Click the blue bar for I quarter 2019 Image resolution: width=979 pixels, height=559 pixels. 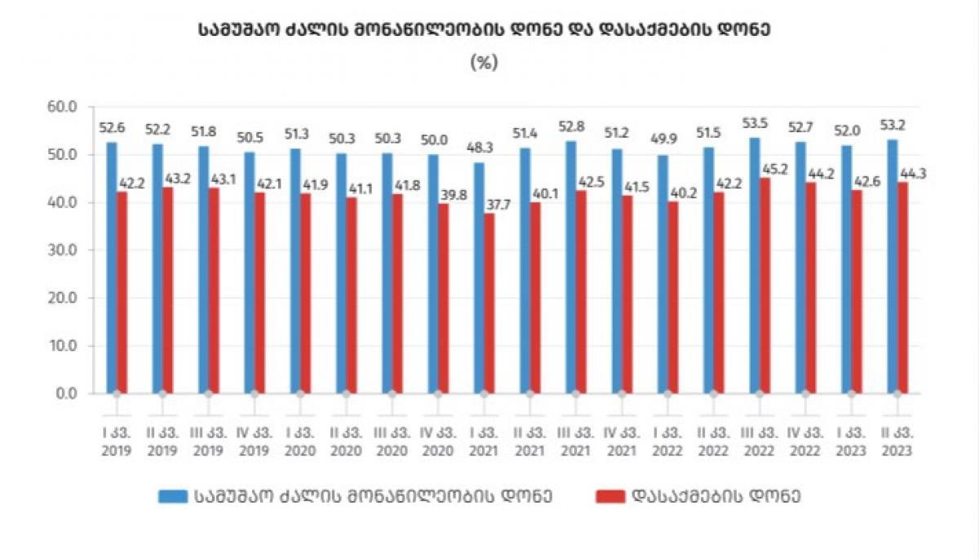tap(111, 268)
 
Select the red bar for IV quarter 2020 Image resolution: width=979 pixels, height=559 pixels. tap(443, 298)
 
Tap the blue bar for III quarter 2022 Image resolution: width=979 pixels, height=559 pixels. tap(755, 265)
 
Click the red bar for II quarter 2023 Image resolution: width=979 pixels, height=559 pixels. tap(902, 287)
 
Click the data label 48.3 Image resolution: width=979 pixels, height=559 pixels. tap(479, 149)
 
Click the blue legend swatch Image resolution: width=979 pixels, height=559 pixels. tap(173, 496)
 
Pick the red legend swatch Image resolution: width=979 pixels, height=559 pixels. tap(612, 496)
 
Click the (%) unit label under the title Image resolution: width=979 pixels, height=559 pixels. tap(484, 62)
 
